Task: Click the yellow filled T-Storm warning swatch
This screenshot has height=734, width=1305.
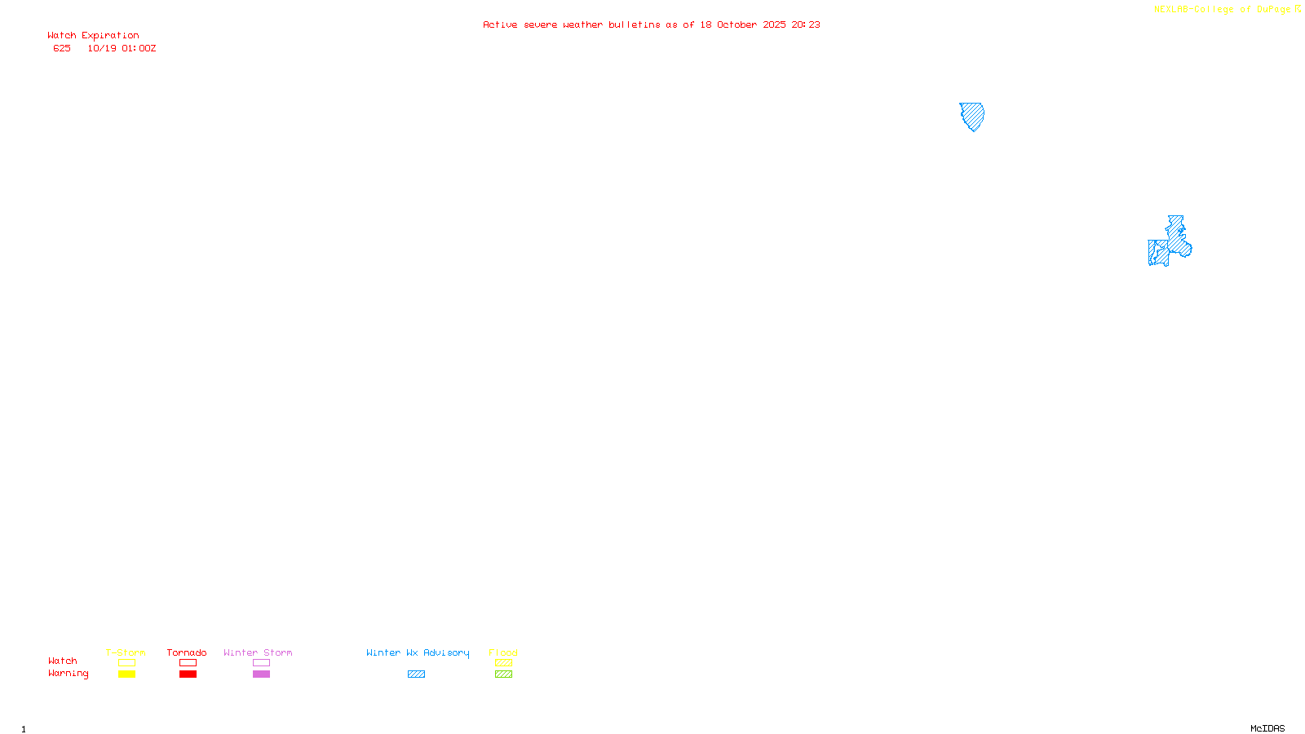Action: click(x=126, y=674)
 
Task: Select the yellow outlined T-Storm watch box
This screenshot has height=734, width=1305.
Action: click(x=126, y=663)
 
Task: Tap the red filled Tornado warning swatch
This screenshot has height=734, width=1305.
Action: click(x=188, y=674)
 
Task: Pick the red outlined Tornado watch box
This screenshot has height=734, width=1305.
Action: click(x=188, y=663)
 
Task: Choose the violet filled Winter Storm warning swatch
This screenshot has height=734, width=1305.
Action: click(x=261, y=674)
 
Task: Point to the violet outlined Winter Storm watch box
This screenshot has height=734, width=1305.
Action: click(x=261, y=663)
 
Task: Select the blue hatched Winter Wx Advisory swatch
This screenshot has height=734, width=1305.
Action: click(x=416, y=674)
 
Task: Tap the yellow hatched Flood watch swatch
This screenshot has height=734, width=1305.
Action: click(x=503, y=663)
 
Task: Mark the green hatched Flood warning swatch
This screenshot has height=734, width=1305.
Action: click(x=503, y=674)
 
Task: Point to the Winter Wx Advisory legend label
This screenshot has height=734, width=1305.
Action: click(x=418, y=652)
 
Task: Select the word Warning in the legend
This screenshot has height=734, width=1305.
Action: click(x=68, y=674)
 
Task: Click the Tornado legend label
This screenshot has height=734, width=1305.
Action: click(x=187, y=652)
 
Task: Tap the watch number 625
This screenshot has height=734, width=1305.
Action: click(x=62, y=48)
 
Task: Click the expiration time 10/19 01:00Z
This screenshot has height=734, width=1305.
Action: click(x=122, y=48)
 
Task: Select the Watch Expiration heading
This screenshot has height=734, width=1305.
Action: click(x=93, y=36)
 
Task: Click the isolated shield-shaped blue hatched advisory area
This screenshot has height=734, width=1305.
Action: click(x=971, y=115)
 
